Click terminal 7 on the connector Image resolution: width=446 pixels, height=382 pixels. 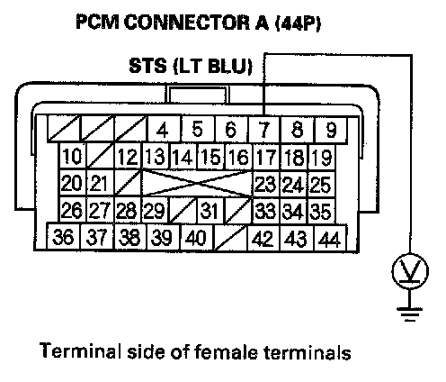coord(264,129)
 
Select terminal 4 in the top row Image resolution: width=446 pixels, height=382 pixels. coord(164,129)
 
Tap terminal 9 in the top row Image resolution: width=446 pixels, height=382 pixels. coord(330,129)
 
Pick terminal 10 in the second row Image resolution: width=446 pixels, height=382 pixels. coord(73,156)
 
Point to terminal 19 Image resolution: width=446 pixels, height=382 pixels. coord(322,157)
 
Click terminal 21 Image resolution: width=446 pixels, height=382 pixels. coord(100,183)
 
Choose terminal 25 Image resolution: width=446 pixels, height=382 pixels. coord(321,184)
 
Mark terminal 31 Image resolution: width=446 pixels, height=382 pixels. coord(210,210)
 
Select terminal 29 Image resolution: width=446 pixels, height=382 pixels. coord(155,210)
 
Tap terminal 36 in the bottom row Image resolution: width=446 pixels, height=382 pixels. coord(63,236)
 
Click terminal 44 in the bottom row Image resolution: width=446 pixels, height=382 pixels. coord(330,238)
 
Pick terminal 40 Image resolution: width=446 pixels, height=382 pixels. coord(196,237)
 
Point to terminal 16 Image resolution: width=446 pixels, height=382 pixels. coord(239,157)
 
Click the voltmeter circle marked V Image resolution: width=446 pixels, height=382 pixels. coord(410,271)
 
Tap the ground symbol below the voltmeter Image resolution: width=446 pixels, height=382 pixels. coord(410,314)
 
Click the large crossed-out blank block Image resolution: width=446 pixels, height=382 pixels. coord(196,184)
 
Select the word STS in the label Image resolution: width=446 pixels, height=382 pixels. coord(147,66)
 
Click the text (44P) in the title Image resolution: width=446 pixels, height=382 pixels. coord(298,23)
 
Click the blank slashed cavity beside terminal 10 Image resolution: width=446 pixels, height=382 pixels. coord(101,156)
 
